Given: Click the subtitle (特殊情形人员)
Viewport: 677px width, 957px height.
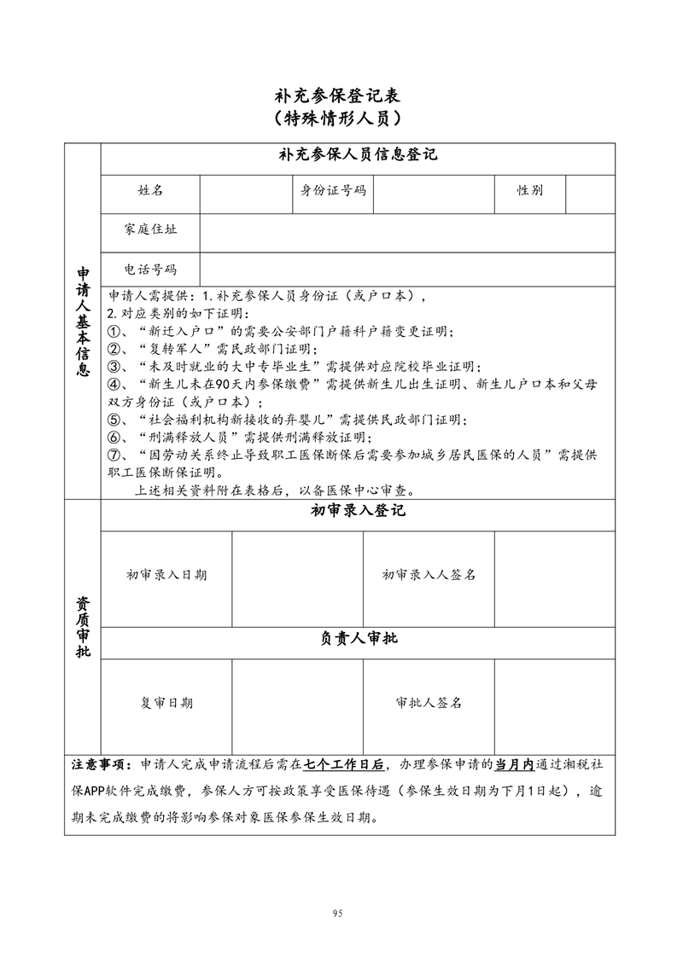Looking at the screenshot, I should click(338, 118).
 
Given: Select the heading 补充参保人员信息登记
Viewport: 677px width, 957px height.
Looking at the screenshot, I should click(358, 155).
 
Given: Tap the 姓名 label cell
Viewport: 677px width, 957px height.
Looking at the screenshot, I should click(150, 191).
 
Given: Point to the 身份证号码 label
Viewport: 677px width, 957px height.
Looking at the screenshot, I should click(333, 191).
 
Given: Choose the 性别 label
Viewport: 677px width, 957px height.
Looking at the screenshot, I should click(529, 191).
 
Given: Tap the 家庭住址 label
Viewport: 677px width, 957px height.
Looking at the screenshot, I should click(150, 229).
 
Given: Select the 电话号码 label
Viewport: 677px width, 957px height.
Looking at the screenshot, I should click(150, 270).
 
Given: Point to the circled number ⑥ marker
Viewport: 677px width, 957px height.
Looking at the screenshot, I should click(113, 438).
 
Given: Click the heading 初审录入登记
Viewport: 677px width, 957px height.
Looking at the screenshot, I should click(358, 511).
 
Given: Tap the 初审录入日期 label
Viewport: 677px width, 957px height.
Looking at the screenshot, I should click(166, 575).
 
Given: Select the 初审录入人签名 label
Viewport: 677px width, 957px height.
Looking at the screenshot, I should click(429, 575).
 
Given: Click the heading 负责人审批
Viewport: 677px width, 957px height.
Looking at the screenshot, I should click(358, 638).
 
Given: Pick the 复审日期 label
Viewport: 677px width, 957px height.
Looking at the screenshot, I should click(166, 703).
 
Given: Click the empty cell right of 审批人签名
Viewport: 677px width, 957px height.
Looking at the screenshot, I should click(555, 705).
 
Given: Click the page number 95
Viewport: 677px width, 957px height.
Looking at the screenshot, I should click(338, 913).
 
